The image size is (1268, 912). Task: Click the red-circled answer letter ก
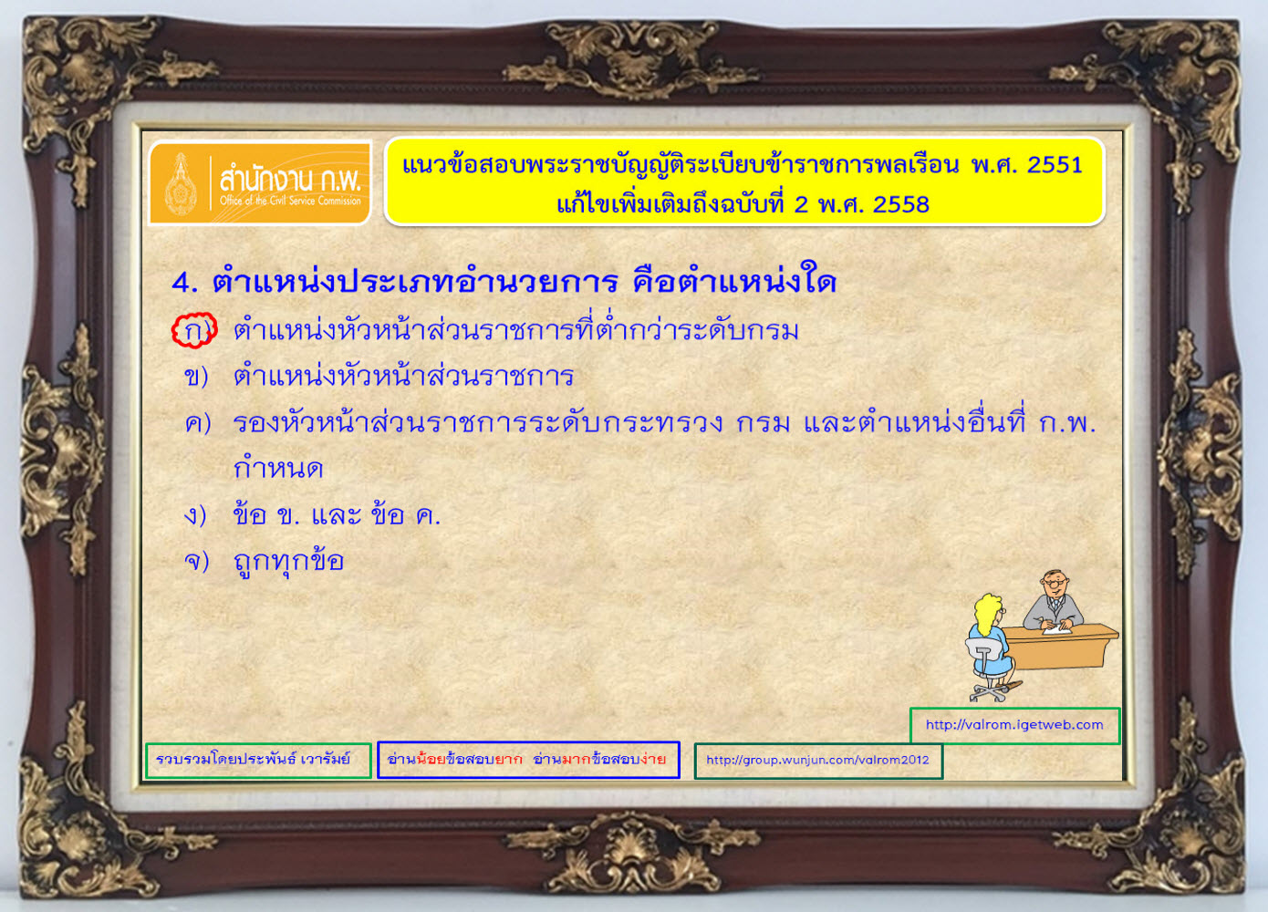pos(194,331)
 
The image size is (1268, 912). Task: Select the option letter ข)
pos(196,377)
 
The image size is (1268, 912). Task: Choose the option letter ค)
pos(198,423)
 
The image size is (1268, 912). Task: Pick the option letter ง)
pos(195,515)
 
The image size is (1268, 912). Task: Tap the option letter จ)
pos(196,561)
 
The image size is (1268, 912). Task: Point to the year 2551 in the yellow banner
pos(1055,165)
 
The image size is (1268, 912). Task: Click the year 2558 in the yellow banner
pos(901,204)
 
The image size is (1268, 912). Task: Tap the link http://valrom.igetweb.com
pos(1014,725)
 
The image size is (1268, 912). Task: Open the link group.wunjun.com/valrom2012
pos(817,760)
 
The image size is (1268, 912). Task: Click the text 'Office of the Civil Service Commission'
pos(290,201)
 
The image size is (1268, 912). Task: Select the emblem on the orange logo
pos(181,184)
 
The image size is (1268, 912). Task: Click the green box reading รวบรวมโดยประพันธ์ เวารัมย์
pos(258,760)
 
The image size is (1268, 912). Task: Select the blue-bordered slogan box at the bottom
pos(528,760)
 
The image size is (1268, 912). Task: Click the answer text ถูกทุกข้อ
pos(288,562)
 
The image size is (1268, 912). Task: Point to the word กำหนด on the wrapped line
pos(278,469)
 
